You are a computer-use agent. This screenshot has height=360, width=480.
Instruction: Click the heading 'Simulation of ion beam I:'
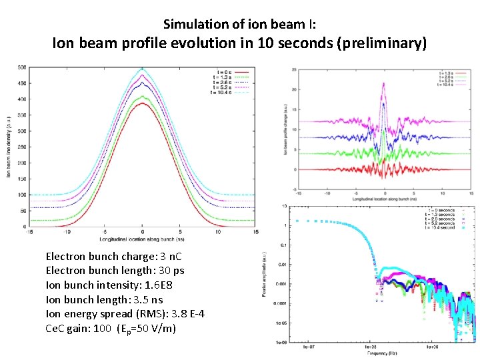tap(239, 25)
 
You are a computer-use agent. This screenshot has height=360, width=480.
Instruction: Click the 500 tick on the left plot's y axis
tap(22, 67)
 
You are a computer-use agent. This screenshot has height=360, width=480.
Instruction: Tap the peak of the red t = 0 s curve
tap(142, 103)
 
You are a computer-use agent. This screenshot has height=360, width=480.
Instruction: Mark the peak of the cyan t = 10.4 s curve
tap(142, 68)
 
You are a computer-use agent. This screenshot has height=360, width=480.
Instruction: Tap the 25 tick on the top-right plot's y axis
tap(294, 69)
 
